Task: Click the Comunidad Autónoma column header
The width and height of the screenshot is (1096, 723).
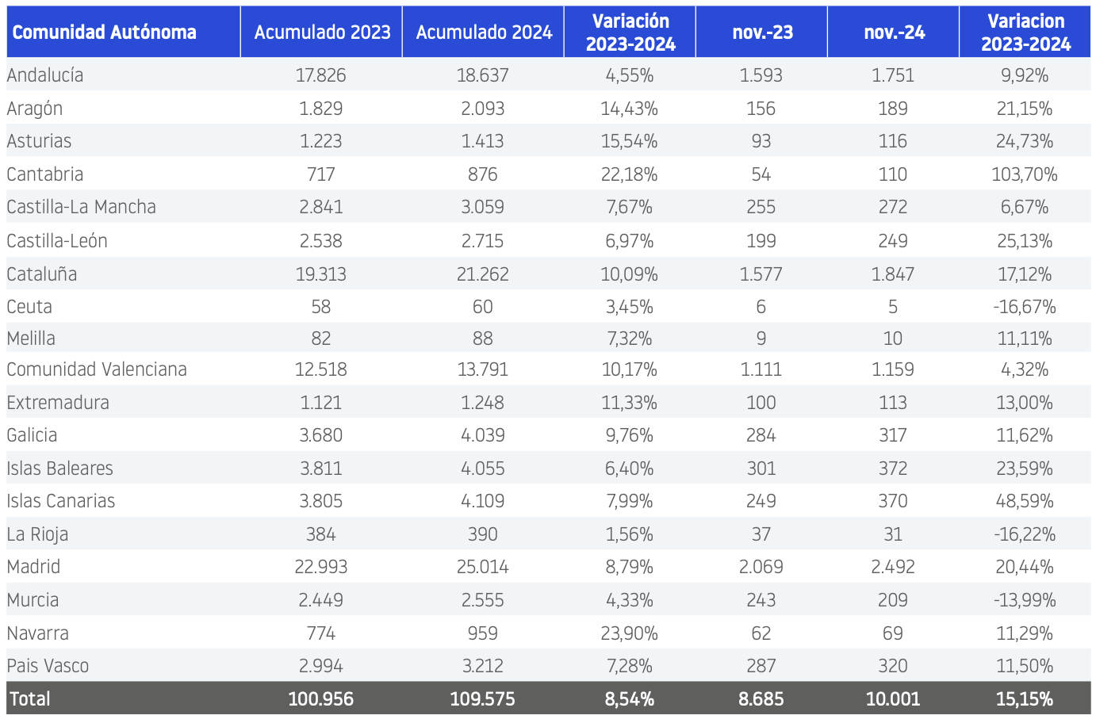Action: (104, 33)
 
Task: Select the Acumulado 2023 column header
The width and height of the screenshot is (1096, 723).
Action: (323, 33)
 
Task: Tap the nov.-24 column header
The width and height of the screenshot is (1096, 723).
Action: (894, 33)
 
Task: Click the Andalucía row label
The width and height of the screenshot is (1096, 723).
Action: (45, 75)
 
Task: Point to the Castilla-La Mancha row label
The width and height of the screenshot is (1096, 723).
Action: (81, 207)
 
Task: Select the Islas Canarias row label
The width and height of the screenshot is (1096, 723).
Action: (61, 501)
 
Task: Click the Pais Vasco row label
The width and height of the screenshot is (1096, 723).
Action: (48, 666)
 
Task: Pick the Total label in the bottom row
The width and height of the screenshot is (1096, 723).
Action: (30, 698)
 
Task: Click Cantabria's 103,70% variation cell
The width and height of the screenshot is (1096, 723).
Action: (1025, 174)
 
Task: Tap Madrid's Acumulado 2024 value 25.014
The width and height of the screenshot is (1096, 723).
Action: (482, 567)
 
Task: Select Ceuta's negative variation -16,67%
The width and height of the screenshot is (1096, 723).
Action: (1025, 307)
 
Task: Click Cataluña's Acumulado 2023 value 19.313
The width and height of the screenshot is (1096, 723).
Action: (321, 274)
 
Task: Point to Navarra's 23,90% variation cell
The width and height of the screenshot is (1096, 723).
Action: (629, 633)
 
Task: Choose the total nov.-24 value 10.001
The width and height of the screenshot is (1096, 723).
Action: (893, 698)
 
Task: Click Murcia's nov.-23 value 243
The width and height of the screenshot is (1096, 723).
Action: (761, 600)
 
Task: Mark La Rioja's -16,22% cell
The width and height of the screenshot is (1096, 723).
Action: (1025, 534)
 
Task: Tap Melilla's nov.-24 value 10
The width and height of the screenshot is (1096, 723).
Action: (893, 338)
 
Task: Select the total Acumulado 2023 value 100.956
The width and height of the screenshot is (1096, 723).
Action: (321, 698)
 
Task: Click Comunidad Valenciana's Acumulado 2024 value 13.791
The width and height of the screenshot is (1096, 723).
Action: (482, 369)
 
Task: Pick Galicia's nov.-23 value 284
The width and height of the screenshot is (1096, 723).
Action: (761, 435)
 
